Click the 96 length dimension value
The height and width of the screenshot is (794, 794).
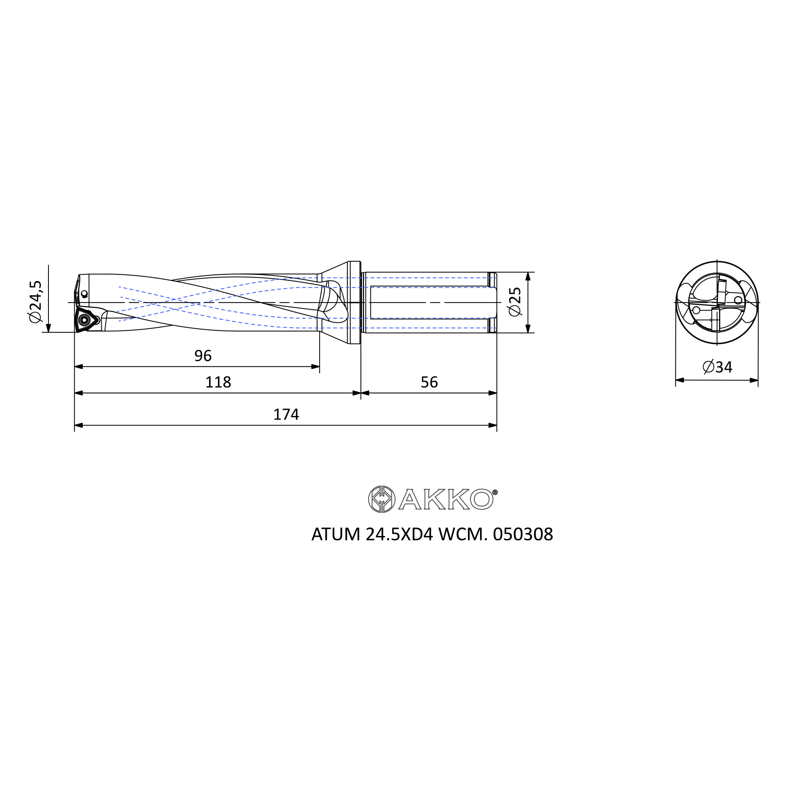(203, 356)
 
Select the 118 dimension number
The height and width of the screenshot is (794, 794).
(218, 383)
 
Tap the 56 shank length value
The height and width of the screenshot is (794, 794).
(430, 383)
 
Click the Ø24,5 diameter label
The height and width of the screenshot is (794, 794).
(36, 302)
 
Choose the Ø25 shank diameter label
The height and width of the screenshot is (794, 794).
(515, 302)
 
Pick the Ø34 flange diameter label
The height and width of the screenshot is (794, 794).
(717, 367)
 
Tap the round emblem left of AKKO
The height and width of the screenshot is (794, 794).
(382, 499)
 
